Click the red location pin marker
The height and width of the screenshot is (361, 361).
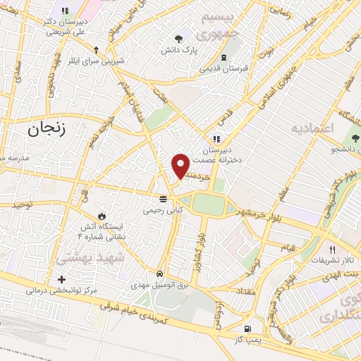point(181,166)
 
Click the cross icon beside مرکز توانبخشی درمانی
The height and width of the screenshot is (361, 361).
point(61,280)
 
